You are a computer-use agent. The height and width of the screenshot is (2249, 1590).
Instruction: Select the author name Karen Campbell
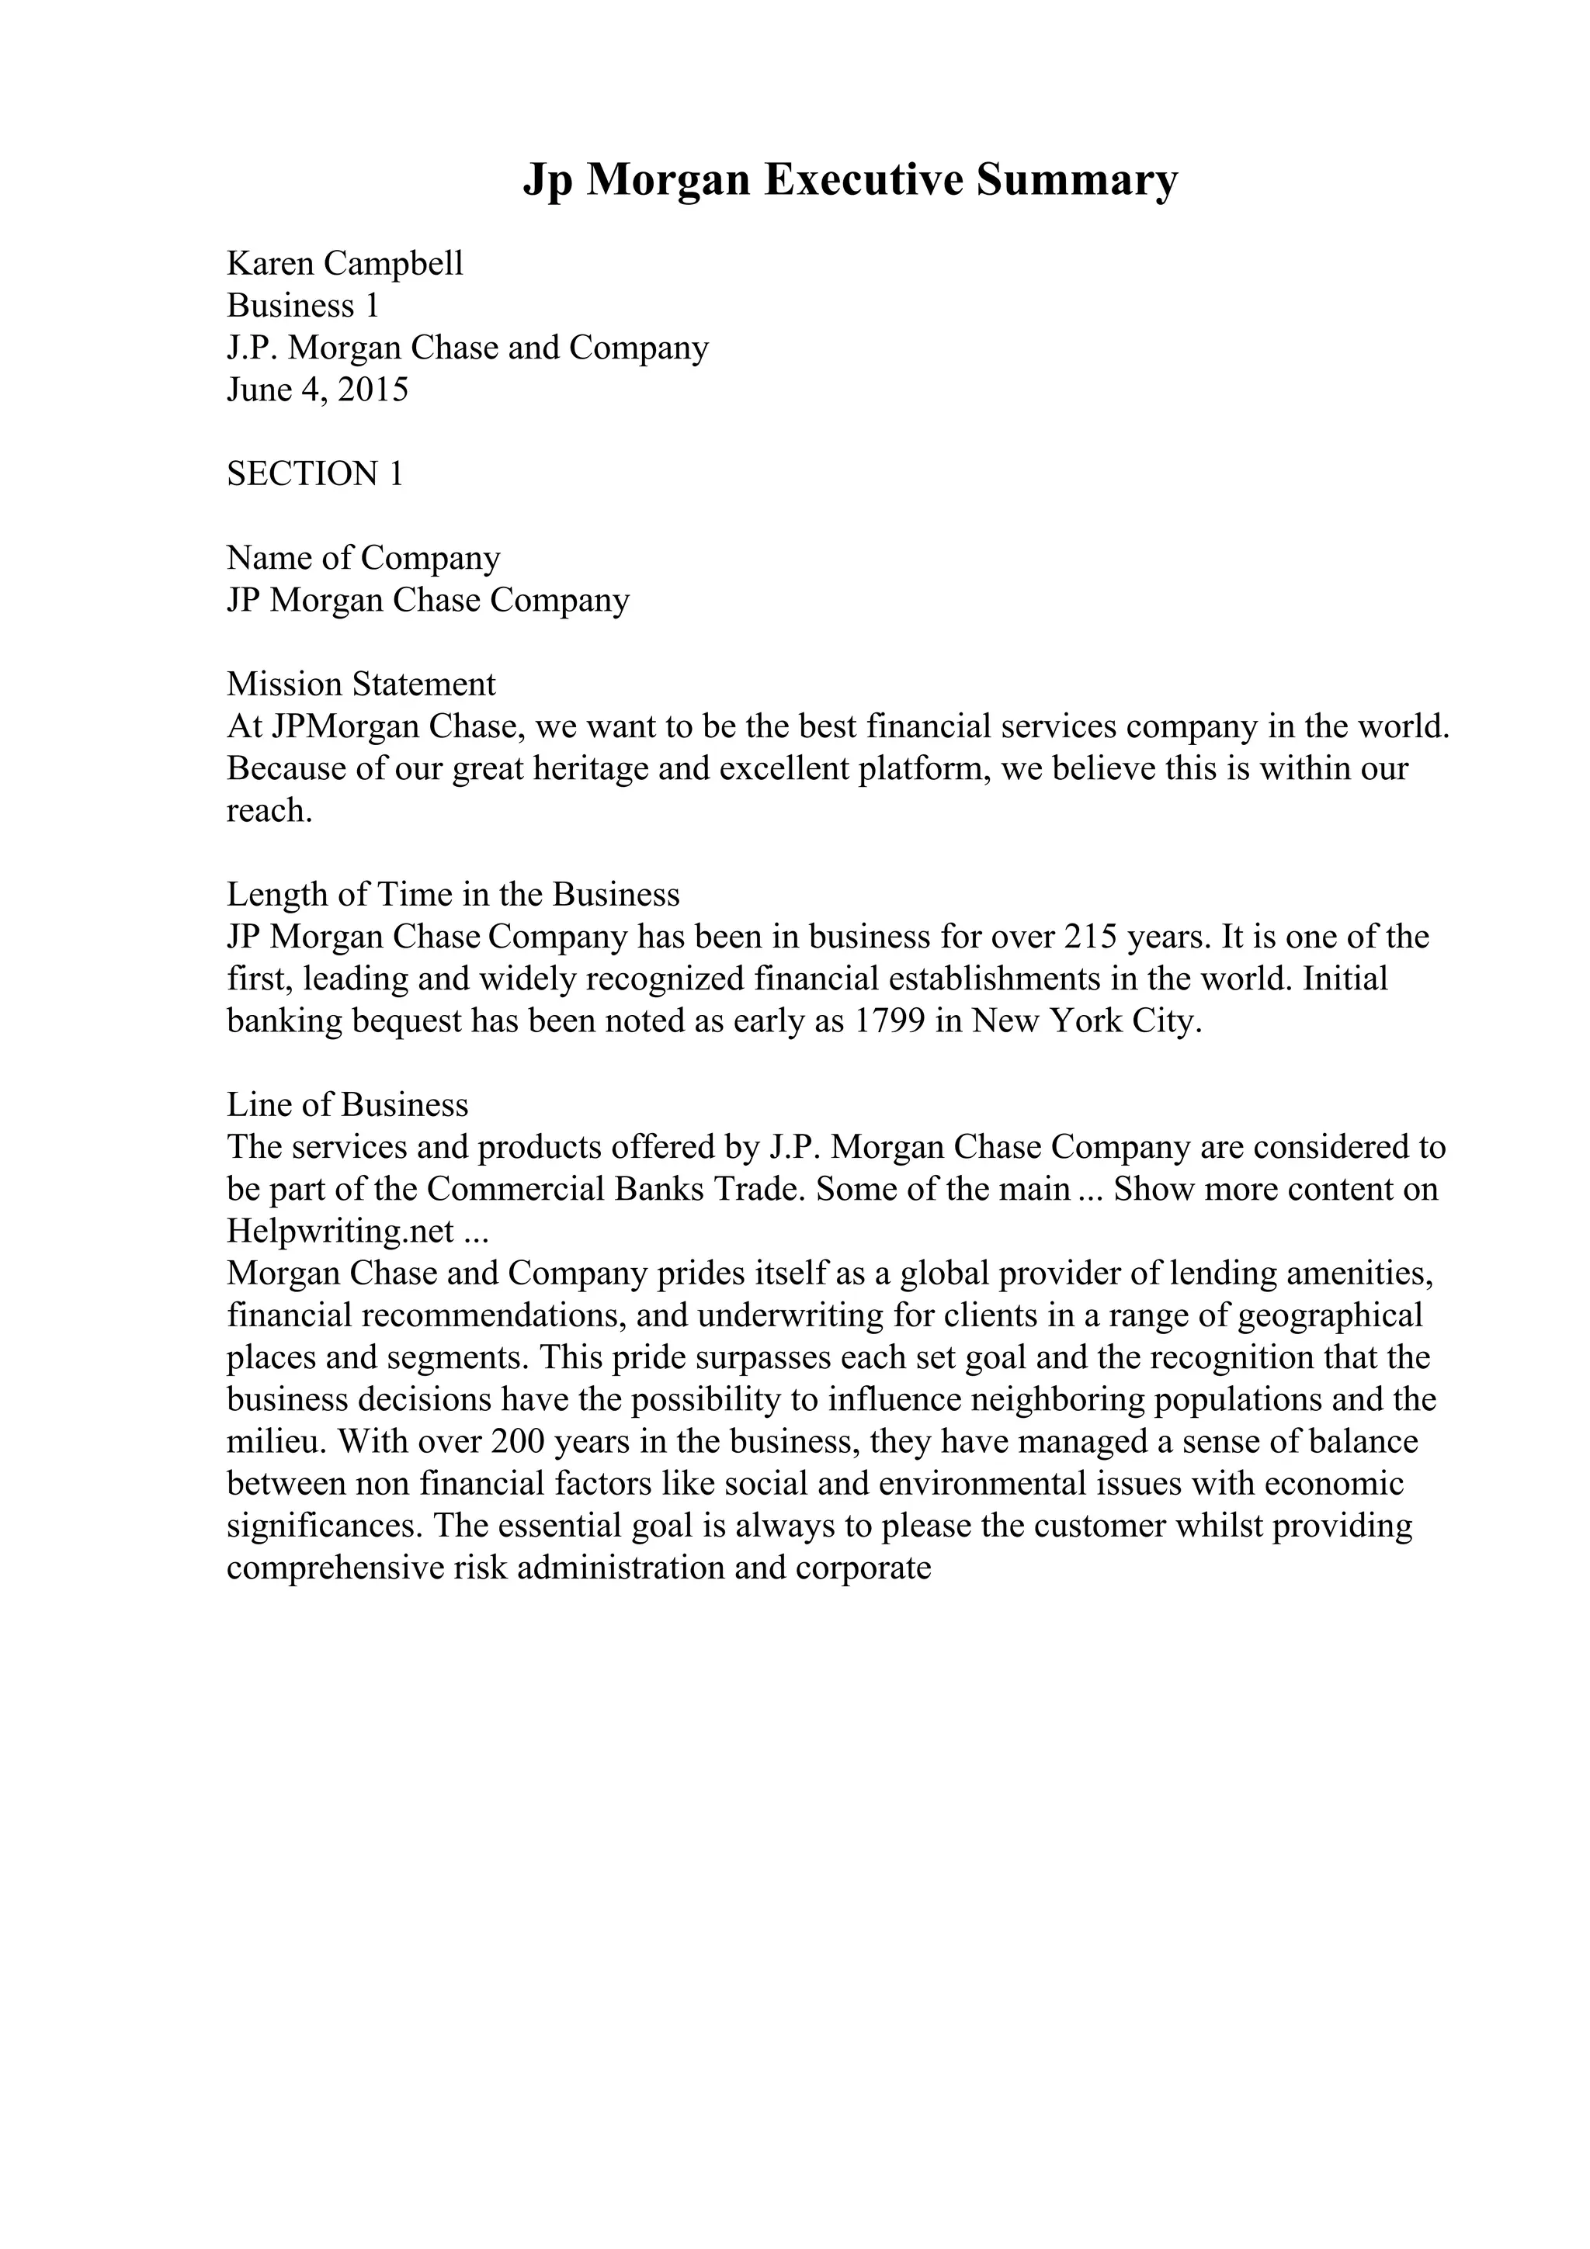345,264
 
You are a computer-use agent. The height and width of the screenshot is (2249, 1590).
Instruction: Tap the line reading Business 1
303,306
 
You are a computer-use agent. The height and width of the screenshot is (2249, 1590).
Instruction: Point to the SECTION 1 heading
314,474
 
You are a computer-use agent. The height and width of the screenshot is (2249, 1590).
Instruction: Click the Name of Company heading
363,558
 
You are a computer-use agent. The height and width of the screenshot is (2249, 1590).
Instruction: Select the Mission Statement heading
362,684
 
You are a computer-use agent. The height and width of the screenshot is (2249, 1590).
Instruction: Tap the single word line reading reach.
269,810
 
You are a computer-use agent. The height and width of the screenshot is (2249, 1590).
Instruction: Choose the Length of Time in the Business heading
453,894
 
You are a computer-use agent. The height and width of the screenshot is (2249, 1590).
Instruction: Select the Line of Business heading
348,1105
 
